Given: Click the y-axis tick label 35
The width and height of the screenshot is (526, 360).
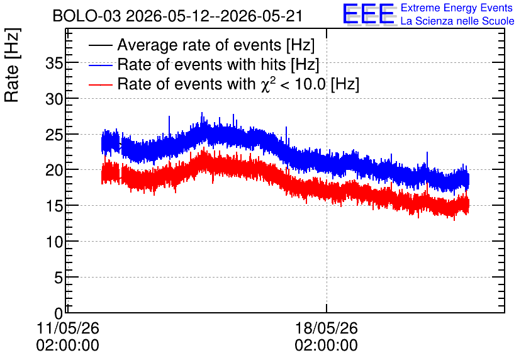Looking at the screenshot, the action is [x=54, y=63].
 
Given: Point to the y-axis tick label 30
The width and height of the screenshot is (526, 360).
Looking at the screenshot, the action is [x=54, y=99].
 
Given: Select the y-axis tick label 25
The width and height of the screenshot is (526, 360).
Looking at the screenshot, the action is [x=54, y=135].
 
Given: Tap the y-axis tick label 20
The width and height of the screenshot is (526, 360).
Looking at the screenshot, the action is [x=54, y=171].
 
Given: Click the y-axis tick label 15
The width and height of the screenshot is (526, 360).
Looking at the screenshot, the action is [x=54, y=206].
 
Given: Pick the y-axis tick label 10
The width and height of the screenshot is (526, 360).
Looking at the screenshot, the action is [x=54, y=242].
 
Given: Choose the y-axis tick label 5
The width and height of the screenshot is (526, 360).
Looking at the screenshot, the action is [x=59, y=278].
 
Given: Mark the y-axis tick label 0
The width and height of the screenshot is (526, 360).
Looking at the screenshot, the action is [x=59, y=313].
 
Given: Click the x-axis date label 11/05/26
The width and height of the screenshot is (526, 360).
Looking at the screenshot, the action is [x=68, y=328].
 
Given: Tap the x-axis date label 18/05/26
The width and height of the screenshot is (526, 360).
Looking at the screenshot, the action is [x=327, y=328].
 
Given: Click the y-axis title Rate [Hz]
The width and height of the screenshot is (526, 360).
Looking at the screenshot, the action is [x=12, y=65].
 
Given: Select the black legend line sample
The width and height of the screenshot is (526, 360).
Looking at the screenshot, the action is [x=100, y=45].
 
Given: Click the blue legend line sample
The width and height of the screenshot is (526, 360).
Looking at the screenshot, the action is [x=100, y=65].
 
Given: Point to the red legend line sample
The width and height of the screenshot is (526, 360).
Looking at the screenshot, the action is [x=100, y=84].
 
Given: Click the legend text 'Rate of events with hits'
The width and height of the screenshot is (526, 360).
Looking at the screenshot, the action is [x=201, y=64].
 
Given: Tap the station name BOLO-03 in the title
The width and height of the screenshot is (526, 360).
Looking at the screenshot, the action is [x=87, y=16].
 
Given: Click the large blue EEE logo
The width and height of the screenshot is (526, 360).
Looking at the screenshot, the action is [x=368, y=14].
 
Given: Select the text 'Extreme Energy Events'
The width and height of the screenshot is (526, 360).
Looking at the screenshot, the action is [x=457, y=8].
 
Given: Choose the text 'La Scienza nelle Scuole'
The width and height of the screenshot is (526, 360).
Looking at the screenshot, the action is [x=457, y=21].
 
